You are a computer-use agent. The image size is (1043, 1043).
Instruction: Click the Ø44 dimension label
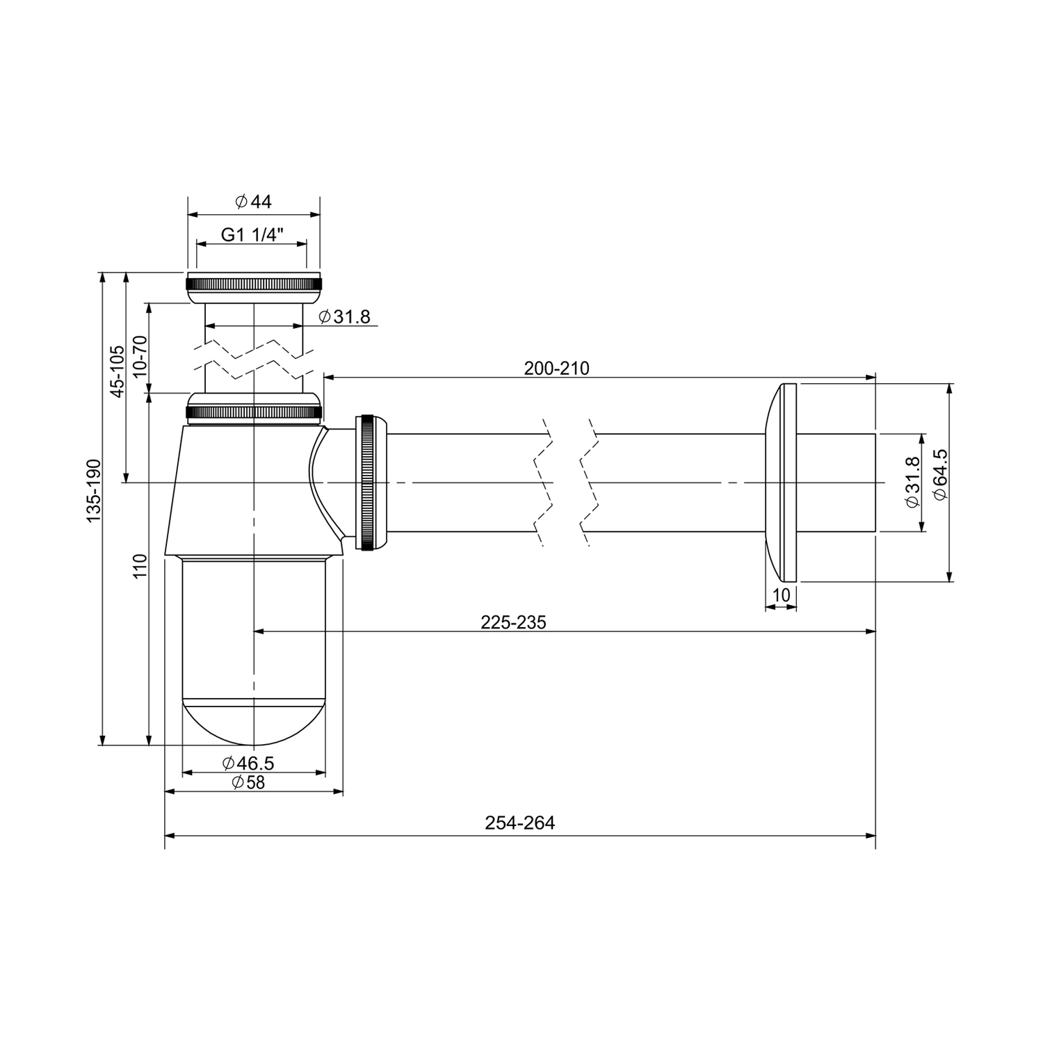pyautogui.click(x=253, y=202)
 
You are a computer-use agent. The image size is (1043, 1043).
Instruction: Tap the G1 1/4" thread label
pyautogui.click(x=250, y=234)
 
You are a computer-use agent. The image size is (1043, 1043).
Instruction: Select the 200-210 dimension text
pyautogui.click(x=556, y=369)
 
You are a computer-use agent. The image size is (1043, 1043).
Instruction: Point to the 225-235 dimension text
pyautogui.click(x=513, y=622)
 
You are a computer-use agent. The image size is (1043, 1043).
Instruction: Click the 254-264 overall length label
pyautogui.click(x=520, y=823)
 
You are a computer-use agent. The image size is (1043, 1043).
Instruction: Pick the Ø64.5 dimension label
pyautogui.click(x=940, y=474)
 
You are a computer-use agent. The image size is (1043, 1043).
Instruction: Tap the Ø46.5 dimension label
pyautogui.click(x=248, y=763)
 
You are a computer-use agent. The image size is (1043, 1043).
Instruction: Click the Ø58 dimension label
pyautogui.click(x=248, y=782)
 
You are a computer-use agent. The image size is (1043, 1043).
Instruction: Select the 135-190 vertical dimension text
pyautogui.click(x=94, y=490)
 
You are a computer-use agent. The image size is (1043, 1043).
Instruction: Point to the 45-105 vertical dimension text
pyautogui.click(x=118, y=371)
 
